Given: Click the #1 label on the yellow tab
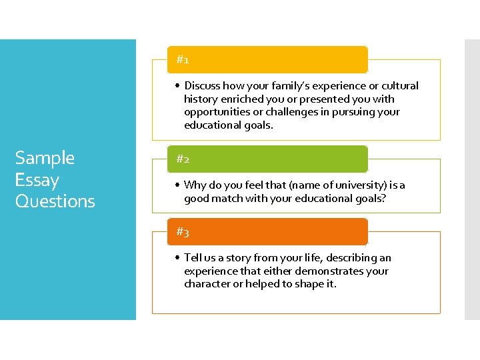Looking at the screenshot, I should point(183,60).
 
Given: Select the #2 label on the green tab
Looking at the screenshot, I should point(183,159).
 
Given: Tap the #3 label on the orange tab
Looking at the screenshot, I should point(183,232).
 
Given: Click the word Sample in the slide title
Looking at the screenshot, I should point(45,158).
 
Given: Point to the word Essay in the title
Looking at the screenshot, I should point(37,180).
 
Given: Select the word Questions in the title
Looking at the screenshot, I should point(55,201).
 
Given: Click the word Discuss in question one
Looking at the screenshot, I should point(203,86).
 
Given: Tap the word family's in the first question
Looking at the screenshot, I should point(270,86).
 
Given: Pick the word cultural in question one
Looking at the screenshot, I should point(400,86).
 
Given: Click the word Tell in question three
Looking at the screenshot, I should point(193,258).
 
